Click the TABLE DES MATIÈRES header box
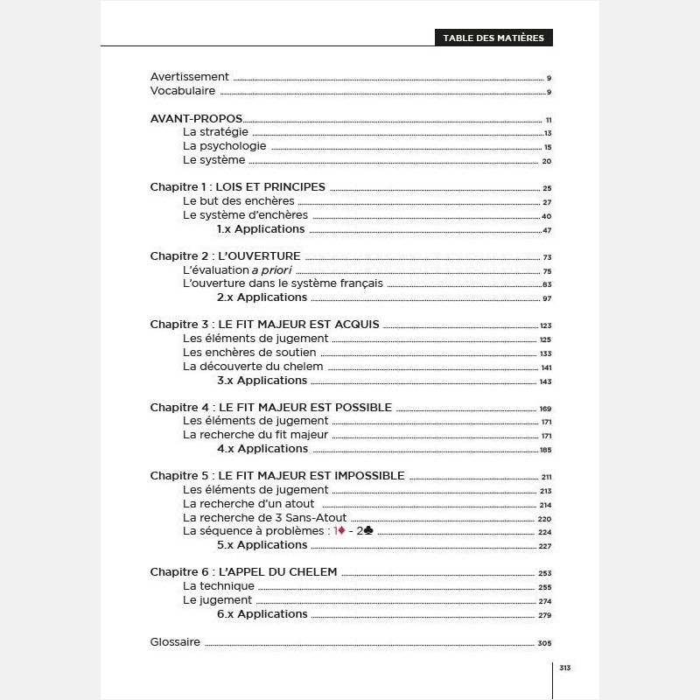493,38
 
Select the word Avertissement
189,77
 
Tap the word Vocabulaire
182,91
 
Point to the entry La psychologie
224,146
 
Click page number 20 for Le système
546,161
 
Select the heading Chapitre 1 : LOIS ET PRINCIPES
237,187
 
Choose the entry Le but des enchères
238,201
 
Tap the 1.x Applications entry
261,229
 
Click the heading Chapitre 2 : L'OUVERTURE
225,256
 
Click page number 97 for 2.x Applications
546,298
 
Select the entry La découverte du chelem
253,367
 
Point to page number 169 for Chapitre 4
545,409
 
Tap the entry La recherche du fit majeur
255,435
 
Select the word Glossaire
175,642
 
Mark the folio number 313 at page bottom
564,668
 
